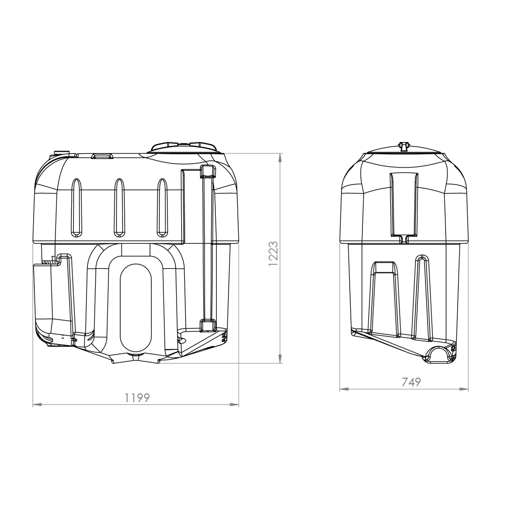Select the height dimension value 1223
[273, 253]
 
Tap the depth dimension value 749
[411, 382]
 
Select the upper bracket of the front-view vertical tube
[207, 171]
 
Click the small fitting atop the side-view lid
[404, 147]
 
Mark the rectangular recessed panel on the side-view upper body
[404, 204]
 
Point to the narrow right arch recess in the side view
[422, 298]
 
